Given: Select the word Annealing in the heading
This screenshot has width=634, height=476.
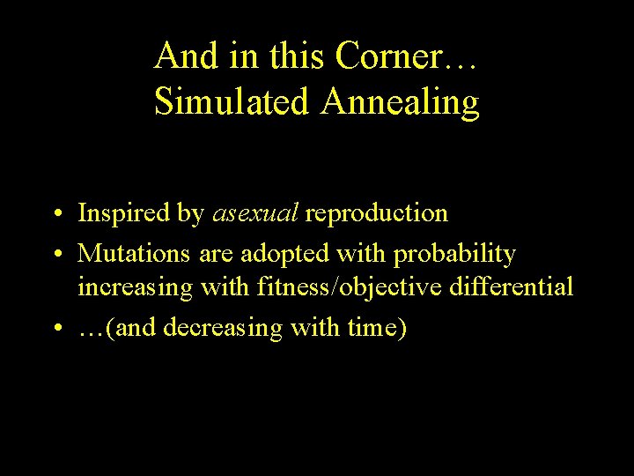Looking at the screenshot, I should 400,103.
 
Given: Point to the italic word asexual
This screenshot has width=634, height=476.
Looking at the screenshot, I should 255,213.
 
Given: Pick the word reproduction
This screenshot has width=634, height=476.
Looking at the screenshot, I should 376,214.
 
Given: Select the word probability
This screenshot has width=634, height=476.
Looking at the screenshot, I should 454,255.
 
